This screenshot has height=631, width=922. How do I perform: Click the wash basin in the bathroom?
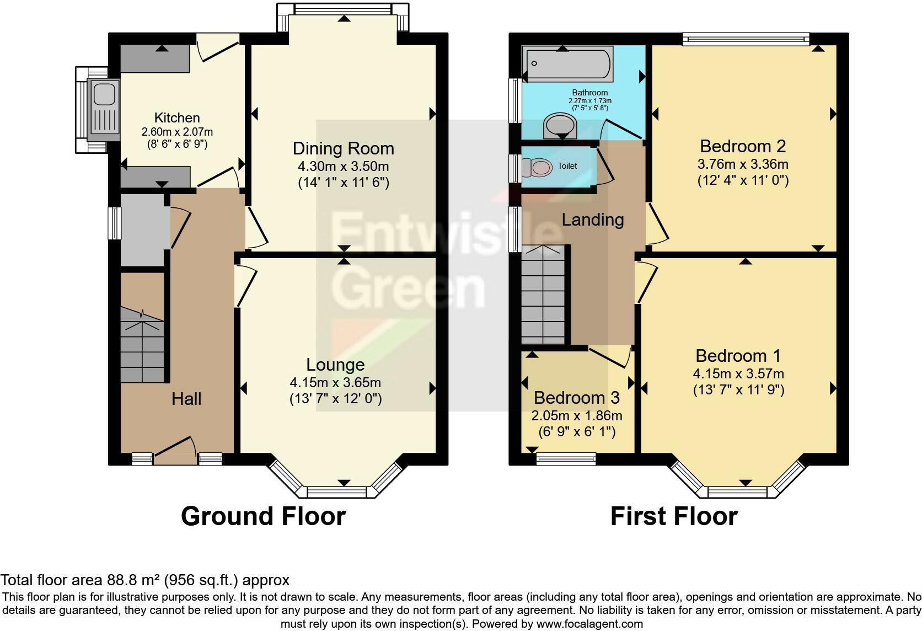tap(560, 126)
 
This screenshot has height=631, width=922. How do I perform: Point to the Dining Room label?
tap(343, 148)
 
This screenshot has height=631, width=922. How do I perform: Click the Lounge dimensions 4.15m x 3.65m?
tap(335, 382)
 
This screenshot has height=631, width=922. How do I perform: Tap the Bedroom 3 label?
tap(576, 398)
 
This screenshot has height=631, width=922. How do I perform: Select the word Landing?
tap(593, 220)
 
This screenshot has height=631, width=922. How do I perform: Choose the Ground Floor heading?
tap(263, 516)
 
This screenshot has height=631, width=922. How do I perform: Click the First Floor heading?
tap(674, 516)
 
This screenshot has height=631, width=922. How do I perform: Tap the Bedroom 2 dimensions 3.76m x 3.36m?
tap(743, 164)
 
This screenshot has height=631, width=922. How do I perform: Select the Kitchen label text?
tap(177, 117)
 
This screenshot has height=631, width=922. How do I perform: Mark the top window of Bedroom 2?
tap(746, 38)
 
